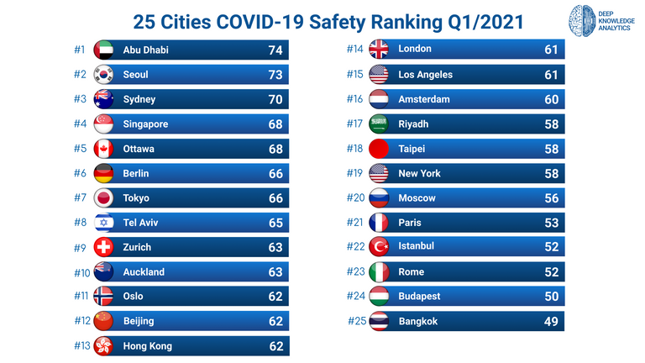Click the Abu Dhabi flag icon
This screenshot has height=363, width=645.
pos(104,50)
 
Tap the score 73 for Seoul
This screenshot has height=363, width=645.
pos(275,75)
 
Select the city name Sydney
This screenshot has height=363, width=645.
pos(139,99)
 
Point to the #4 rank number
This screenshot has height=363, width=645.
pos(80,124)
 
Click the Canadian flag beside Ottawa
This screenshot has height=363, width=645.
pos(104,149)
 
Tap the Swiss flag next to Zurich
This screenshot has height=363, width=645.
pos(104,247)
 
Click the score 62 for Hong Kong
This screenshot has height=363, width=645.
pos(275,345)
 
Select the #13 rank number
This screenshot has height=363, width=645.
pos(82,345)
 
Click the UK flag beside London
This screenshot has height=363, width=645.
pos(380,50)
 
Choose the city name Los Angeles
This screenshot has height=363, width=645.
pos(425,74)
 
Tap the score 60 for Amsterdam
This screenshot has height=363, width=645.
pos(551,99)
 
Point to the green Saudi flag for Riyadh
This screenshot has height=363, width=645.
pos(380,124)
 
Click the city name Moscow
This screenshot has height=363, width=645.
pos(417,198)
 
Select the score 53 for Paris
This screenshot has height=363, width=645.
pos(551,223)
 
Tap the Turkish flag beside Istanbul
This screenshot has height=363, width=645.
pos(380,247)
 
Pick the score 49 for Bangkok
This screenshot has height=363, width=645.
pos(551,321)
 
